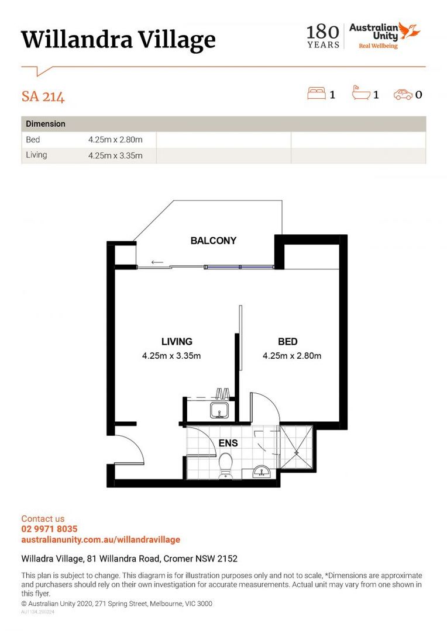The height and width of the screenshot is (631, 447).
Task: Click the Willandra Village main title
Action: coord(118,40)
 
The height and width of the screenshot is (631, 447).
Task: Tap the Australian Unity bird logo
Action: coord(410,30)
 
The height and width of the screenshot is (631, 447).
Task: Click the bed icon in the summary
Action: coord(317,93)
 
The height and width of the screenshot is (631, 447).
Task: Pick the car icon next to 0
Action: coord(403,94)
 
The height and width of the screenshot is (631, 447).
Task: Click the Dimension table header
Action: coord(46,124)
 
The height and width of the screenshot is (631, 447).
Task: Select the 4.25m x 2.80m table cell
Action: coord(115,140)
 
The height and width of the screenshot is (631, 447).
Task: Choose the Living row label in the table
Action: coord(36,155)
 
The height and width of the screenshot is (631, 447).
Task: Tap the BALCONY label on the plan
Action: coord(214,241)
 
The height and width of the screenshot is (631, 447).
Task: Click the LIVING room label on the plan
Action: coord(177,342)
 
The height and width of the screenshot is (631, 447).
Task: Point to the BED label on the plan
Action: coord(287,342)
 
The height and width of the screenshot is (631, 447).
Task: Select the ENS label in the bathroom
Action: coord(228,443)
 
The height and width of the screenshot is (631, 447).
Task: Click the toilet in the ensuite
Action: coord(226,466)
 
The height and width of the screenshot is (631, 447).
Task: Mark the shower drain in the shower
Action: coord(297,452)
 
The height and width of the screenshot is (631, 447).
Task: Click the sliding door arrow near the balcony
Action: coord(157,262)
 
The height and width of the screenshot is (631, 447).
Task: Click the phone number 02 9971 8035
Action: coord(49,529)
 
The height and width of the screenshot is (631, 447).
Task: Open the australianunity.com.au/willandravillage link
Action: coord(101,539)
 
